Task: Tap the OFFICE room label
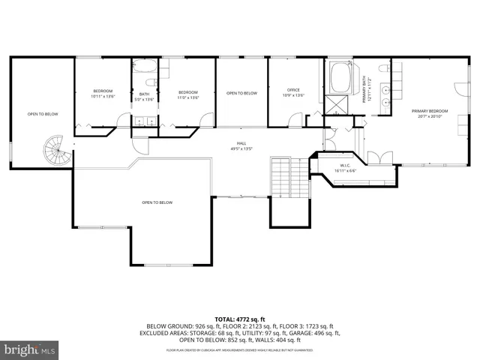point(292,90)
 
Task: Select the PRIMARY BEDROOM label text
point(427,111)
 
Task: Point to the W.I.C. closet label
point(345,166)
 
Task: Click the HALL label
point(241,144)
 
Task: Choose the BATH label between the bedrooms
point(144,94)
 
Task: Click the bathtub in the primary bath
point(338,76)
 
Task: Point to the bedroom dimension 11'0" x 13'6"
point(187,97)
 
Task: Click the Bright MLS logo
point(30,349)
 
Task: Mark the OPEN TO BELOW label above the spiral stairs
point(43,114)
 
